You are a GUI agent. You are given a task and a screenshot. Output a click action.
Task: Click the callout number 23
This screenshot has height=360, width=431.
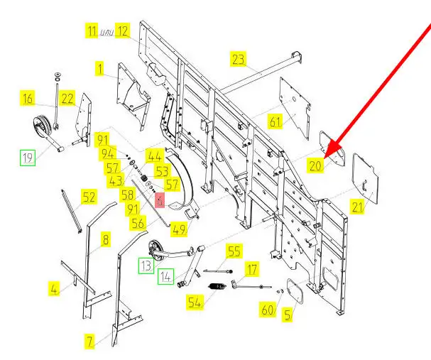click(239, 58)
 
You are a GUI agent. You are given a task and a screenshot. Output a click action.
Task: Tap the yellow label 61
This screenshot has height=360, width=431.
click(275, 122)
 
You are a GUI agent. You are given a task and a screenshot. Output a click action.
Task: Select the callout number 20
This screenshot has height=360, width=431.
click(315, 165)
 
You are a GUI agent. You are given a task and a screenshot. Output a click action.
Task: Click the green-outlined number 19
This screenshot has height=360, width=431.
click(27, 158)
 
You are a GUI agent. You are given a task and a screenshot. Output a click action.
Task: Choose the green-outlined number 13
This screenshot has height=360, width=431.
click(146, 265)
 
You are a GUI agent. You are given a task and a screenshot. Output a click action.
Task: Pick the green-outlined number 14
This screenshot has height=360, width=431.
click(165, 276)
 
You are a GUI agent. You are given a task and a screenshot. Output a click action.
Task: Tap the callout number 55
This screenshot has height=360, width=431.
click(234, 251)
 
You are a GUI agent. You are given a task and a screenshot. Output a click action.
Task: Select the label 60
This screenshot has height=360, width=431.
click(268, 310)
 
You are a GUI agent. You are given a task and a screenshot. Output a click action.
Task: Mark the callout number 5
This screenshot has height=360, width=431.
click(287, 314)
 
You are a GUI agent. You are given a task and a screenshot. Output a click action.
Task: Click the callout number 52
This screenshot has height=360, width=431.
click(88, 198)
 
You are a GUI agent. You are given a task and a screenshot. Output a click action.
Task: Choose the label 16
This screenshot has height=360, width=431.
click(47, 99)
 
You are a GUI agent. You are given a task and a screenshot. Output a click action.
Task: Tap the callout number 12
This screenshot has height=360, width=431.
click(122, 31)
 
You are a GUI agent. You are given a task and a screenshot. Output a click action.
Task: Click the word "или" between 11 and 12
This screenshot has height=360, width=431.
click(107, 32)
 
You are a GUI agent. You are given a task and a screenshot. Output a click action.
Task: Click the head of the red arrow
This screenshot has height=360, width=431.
click(327, 151)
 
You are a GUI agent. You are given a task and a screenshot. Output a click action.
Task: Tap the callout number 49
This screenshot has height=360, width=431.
click(178, 229)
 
